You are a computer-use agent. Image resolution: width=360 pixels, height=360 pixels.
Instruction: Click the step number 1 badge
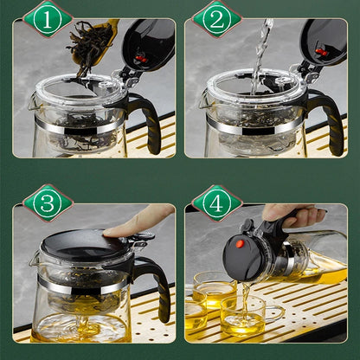48,20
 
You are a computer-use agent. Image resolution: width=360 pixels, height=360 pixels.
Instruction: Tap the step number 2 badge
216,20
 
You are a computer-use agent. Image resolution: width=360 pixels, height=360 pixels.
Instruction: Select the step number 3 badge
48,202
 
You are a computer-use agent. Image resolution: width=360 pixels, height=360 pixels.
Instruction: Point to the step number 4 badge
216,203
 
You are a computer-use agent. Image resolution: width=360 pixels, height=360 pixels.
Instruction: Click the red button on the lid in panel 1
141,59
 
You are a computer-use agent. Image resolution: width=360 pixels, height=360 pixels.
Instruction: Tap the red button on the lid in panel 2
320,52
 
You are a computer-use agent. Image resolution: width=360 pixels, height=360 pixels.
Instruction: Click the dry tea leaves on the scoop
89,46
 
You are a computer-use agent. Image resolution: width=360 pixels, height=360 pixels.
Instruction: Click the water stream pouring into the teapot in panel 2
261,55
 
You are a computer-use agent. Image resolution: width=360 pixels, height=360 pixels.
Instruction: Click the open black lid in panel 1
150,45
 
